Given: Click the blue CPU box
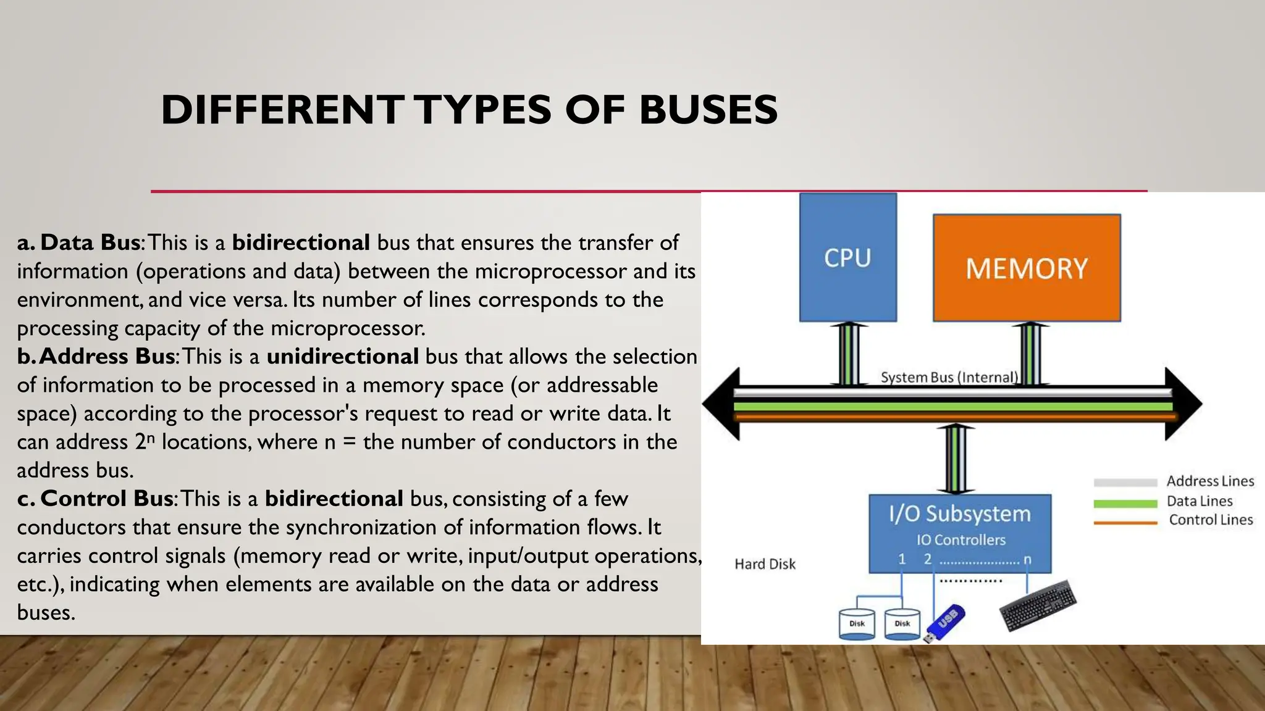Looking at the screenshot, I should coord(847,257).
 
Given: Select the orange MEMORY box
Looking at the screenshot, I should coord(1027,268).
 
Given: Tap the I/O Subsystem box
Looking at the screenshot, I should coord(959,533).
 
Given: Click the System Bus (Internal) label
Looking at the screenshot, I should coord(949,377).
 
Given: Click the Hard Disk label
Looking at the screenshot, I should coord(765,564).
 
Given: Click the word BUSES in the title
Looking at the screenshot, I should coord(708,110).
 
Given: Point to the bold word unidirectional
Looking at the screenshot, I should coord(343,357).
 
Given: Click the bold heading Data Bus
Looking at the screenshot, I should coord(90,243).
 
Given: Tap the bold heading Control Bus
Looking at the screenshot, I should coord(106,499).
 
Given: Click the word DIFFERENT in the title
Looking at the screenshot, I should coord(282,110).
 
